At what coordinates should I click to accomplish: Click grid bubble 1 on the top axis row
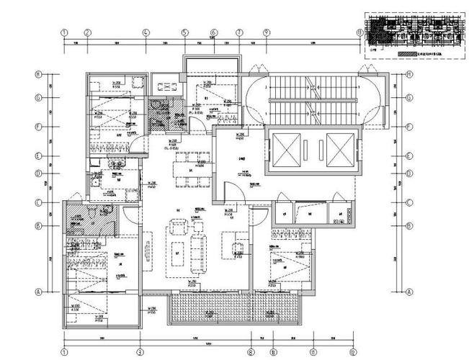pyautogui.click(x=64, y=32)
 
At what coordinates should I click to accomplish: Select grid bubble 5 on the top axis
pyautogui.click(x=184, y=32)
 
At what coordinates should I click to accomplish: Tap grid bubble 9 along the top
pyautogui.click(x=266, y=32)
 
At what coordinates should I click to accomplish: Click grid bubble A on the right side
pyautogui.click(x=408, y=292)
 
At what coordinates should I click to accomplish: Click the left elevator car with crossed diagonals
pyautogui.click(x=284, y=149)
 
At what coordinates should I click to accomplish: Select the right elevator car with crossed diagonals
pyautogui.click(x=339, y=149)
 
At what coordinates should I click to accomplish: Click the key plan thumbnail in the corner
pyautogui.click(x=411, y=30)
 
